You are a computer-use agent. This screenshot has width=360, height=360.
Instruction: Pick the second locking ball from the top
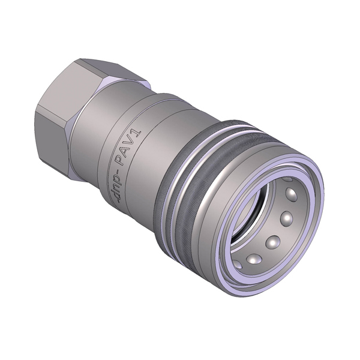[x=287, y=217]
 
